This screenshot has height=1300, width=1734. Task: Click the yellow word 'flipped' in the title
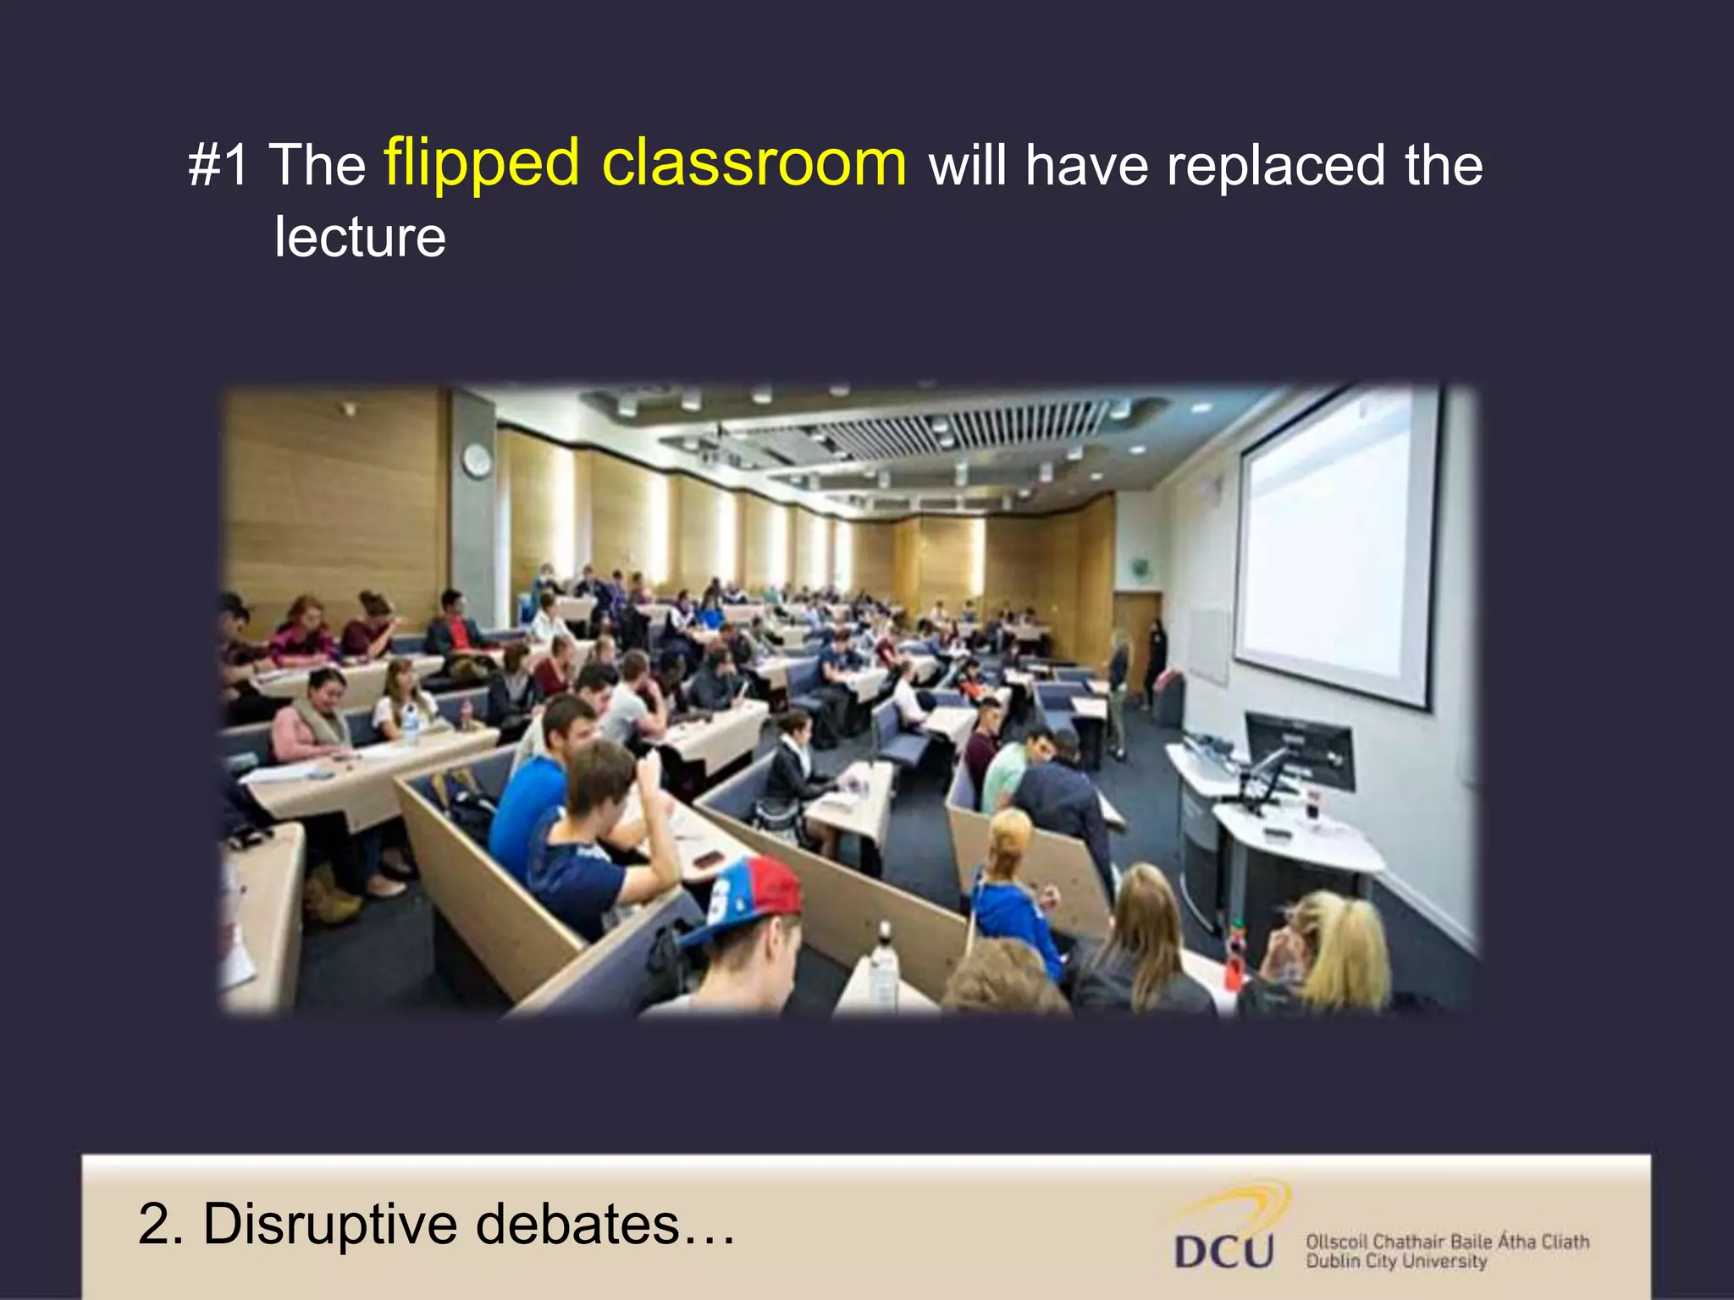pyautogui.click(x=482, y=162)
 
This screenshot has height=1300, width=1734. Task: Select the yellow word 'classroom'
pyautogui.click(x=754, y=162)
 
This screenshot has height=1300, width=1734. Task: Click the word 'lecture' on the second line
pyautogui.click(x=360, y=237)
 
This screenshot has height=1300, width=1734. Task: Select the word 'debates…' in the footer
pyautogui.click(x=605, y=1224)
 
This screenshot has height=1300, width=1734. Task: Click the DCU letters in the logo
pyautogui.click(x=1224, y=1251)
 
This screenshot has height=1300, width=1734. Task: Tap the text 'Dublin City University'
pyautogui.click(x=1396, y=1261)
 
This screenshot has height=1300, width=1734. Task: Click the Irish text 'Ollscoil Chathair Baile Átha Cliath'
pyautogui.click(x=1447, y=1242)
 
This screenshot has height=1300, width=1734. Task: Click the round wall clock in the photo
pyautogui.click(x=477, y=460)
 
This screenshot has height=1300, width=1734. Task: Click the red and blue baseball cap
pyautogui.click(x=745, y=897)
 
